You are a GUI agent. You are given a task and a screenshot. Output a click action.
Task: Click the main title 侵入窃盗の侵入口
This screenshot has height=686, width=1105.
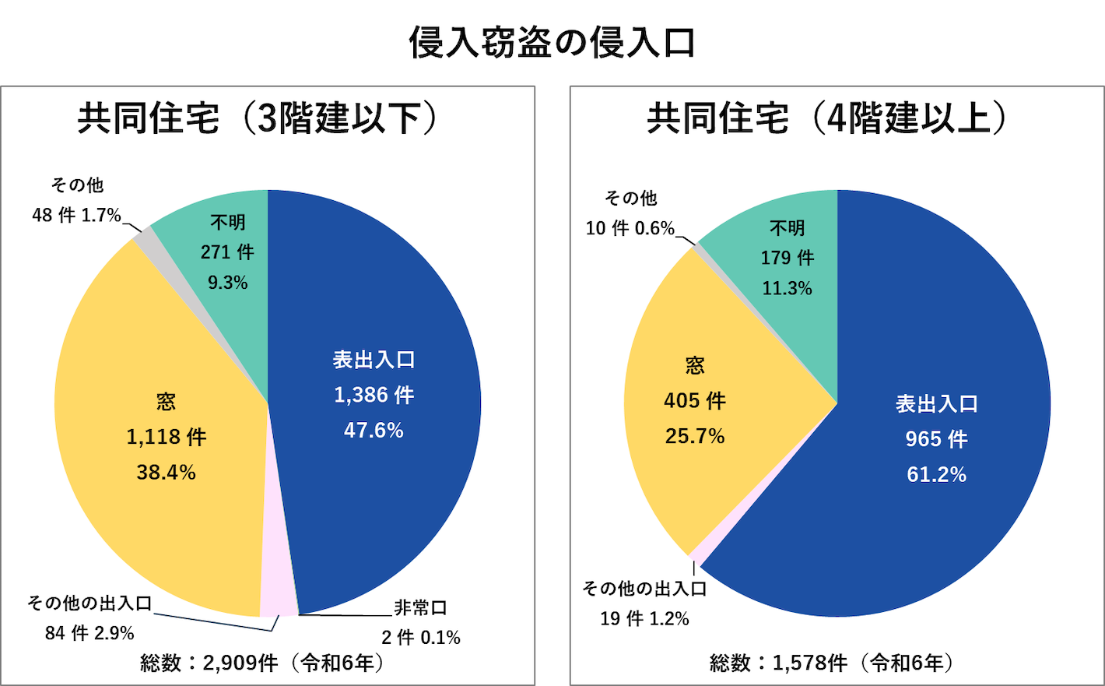pos(552,43)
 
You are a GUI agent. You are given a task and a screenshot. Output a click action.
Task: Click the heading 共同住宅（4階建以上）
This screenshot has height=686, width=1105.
pos(828,119)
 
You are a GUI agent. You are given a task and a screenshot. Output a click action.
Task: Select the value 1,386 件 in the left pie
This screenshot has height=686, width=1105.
pos(374,396)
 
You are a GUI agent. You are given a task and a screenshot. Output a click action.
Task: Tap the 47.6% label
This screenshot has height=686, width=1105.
pos(374,431)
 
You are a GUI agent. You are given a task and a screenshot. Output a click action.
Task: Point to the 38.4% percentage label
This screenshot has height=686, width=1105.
pos(166,473)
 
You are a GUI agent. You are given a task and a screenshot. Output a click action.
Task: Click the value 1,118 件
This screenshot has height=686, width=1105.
pos(166,437)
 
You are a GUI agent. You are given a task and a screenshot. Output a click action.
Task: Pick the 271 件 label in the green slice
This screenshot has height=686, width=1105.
pos(227,252)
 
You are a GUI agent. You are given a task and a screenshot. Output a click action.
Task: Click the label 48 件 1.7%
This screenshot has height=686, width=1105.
pos(76,216)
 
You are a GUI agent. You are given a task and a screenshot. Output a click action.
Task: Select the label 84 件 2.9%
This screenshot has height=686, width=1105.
pos(89,633)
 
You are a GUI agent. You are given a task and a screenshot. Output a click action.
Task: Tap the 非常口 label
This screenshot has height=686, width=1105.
pos(420,608)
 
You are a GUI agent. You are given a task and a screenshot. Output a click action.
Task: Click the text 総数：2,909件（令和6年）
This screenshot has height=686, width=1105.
pos(263,663)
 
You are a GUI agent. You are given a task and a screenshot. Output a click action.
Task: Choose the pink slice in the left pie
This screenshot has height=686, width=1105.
pos(278,600)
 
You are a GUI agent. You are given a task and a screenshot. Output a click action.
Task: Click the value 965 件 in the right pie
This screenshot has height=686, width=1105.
pos(936,439)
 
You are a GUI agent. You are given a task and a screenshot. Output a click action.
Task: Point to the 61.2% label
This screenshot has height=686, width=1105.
pos(936,475)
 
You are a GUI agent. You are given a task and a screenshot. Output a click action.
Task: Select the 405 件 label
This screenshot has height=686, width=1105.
pos(694,401)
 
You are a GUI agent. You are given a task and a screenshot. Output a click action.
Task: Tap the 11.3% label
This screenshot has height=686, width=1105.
pos(787,289)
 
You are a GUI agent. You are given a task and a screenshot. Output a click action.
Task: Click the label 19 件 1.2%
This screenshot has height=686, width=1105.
pos(644,619)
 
